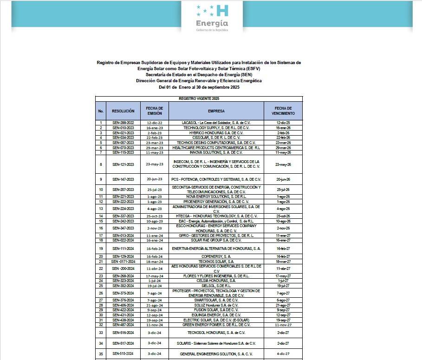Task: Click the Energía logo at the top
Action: point(212,18)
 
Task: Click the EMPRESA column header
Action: point(216,111)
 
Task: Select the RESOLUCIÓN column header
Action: point(123,111)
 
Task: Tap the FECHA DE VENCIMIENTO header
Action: point(283,111)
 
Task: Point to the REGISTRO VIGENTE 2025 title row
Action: point(199,99)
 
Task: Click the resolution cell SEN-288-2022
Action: point(123,122)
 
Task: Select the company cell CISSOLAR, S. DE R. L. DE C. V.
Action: point(216,137)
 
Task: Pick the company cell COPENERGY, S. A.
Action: point(216,256)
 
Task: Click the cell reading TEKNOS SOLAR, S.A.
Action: point(216,262)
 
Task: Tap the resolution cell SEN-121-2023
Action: point(123,164)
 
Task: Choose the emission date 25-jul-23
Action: point(155,190)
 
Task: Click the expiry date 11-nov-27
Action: point(283,325)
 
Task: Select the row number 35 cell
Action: point(101,354)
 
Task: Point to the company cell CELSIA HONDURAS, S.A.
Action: point(216,281)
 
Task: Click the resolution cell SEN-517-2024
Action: point(123,343)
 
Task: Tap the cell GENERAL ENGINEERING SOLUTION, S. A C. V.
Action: point(216,354)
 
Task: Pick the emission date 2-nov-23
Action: point(155,229)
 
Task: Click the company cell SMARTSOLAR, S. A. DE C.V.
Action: point(216,300)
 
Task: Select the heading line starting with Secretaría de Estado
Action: point(199,74)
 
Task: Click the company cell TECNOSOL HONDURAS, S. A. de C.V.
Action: point(216,333)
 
